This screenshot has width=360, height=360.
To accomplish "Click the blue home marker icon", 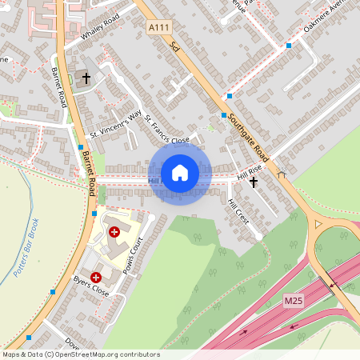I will click(x=180, y=173).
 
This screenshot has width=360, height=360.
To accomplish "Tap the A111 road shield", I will click(x=160, y=28).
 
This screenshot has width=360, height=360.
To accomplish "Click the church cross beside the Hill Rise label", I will click(x=254, y=182).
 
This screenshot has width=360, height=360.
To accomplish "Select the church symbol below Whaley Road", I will click(x=86, y=78).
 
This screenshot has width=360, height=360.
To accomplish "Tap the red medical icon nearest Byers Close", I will click(x=97, y=277).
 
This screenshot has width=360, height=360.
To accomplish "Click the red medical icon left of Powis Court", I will click(x=114, y=231).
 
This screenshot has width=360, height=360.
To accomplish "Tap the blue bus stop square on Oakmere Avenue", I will click(x=289, y=46).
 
